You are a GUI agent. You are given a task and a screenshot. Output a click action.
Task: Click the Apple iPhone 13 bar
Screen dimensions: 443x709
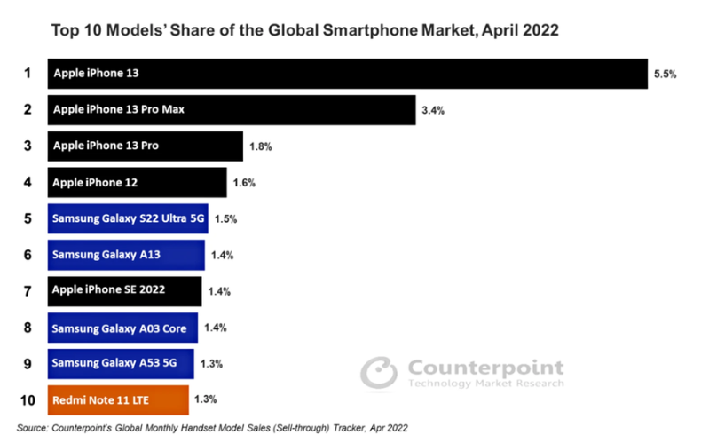click(x=347, y=74)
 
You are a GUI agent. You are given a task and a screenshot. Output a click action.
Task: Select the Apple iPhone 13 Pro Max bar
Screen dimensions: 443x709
click(x=231, y=110)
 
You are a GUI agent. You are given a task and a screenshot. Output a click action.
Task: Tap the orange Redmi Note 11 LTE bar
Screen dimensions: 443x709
click(x=118, y=399)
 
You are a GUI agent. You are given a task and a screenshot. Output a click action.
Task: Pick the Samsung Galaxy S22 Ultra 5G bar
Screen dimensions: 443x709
click(x=128, y=218)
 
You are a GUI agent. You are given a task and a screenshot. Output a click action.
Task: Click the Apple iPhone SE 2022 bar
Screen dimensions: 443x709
click(x=124, y=290)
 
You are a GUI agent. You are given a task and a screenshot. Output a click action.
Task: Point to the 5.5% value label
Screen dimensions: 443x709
click(x=666, y=75)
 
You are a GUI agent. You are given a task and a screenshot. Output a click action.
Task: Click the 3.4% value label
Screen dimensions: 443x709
click(x=433, y=111)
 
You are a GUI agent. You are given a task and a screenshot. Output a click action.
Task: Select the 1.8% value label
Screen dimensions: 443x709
click(x=260, y=146)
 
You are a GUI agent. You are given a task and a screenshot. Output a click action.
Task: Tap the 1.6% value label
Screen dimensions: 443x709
click(x=244, y=183)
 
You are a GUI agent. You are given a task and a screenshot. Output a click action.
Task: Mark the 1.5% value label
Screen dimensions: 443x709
click(x=225, y=218)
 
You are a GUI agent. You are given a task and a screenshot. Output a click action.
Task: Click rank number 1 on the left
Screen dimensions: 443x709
click(x=28, y=74)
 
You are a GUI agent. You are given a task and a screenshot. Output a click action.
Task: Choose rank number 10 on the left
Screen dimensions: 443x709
click(x=28, y=400)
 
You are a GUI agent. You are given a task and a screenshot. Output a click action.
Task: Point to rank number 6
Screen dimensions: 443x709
click(x=28, y=255)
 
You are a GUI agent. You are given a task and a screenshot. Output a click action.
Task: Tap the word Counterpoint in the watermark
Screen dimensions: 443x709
click(x=484, y=368)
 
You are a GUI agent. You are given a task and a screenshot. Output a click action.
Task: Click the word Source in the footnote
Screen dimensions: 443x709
click(x=34, y=428)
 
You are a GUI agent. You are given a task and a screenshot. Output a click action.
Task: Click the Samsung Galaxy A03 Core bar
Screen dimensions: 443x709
click(x=122, y=328)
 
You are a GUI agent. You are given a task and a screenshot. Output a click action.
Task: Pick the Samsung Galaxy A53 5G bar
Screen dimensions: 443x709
click(x=120, y=363)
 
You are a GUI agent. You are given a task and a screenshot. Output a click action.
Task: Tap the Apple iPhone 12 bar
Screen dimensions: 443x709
click(x=137, y=182)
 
